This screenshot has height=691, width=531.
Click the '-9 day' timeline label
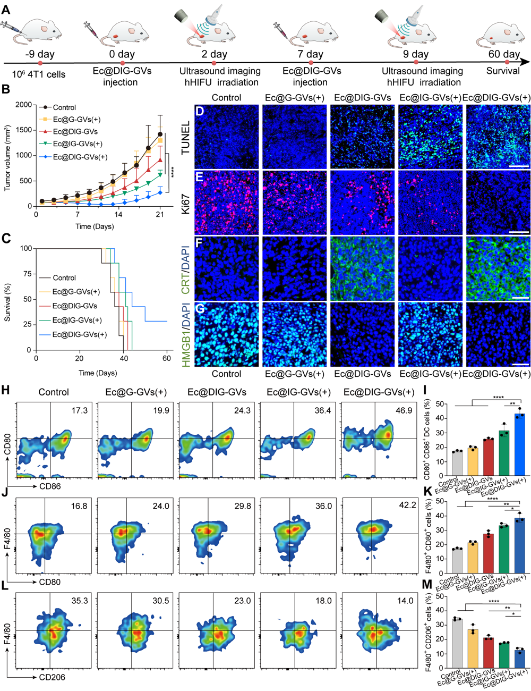tap(40, 54)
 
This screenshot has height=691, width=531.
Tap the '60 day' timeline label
tap(504, 54)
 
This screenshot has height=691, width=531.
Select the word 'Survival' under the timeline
tap(503, 71)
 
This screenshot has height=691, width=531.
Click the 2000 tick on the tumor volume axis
tap(23, 105)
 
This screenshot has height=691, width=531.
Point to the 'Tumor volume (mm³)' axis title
tap(8, 158)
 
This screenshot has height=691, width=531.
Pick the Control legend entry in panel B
tap(64, 107)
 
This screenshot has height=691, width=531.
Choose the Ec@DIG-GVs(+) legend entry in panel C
tap(80, 334)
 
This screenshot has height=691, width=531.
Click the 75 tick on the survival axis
tap(26, 274)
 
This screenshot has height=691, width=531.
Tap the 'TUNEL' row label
tap(185, 138)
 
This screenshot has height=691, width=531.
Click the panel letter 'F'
tap(200, 243)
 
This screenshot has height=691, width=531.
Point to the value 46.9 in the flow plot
tap(404, 395)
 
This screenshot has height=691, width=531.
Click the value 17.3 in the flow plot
tap(79, 395)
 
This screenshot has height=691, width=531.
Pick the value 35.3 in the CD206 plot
tap(79, 601)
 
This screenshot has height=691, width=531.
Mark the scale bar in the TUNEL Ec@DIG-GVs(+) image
tap(519, 166)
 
